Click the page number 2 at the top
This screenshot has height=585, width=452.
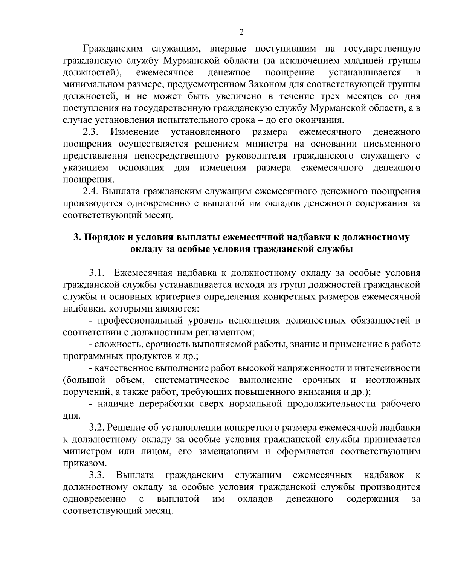pyautogui.click(x=241, y=32)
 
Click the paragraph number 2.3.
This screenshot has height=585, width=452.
pyautogui.click(x=91, y=132)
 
